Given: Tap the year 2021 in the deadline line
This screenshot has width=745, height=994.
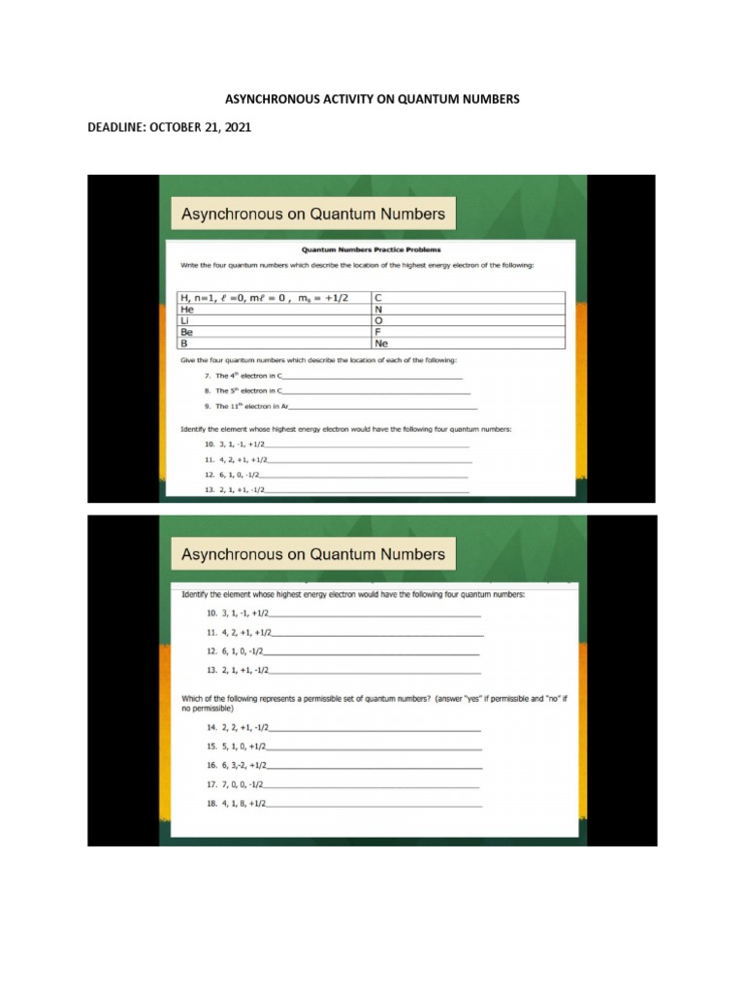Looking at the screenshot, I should pyautogui.click(x=234, y=127).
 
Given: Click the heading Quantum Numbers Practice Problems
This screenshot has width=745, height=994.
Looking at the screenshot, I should pyautogui.click(x=372, y=249).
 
